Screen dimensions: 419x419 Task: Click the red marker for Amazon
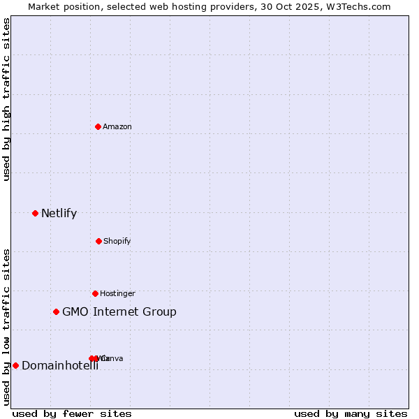pos(98,126)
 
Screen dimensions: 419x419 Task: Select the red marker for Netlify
pos(36,213)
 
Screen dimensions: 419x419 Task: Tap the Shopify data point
pos(98,241)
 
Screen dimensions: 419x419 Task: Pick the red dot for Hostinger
pos(95,293)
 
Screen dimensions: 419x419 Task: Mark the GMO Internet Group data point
pos(57,311)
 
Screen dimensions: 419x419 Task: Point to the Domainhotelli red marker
pos(15,365)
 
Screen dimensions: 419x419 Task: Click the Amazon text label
pos(117,126)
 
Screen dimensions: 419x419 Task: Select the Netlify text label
pos(59,213)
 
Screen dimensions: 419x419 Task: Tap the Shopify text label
pos(117,241)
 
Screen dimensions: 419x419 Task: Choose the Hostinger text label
pos(117,293)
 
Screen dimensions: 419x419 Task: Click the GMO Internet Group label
pos(119,311)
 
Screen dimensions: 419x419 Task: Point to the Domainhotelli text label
pos(60,365)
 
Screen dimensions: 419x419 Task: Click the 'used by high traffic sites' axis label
pos(7,99)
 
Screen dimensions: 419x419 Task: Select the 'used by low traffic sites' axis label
pos(7,327)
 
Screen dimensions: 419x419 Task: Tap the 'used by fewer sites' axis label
pos(72,413)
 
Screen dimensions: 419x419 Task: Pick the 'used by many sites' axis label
pos(351,413)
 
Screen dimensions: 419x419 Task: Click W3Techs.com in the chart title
pos(358,6)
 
